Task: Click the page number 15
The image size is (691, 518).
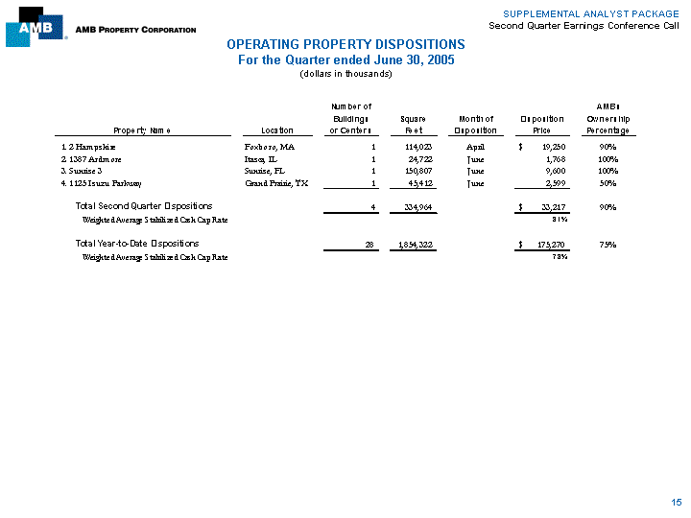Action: [677, 502]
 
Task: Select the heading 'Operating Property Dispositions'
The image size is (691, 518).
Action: [345, 45]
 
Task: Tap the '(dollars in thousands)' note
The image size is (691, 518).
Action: [345, 74]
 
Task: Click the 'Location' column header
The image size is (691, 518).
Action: [263, 130]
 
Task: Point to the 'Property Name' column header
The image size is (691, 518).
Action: [142, 130]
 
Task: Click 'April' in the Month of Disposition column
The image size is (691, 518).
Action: [476, 147]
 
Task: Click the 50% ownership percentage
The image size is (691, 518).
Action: [608, 182]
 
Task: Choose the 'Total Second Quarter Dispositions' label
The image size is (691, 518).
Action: [143, 206]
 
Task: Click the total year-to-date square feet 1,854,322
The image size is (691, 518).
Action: [413, 245]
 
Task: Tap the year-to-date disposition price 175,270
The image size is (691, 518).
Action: [546, 245]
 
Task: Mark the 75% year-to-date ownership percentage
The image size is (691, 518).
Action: [608, 245]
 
